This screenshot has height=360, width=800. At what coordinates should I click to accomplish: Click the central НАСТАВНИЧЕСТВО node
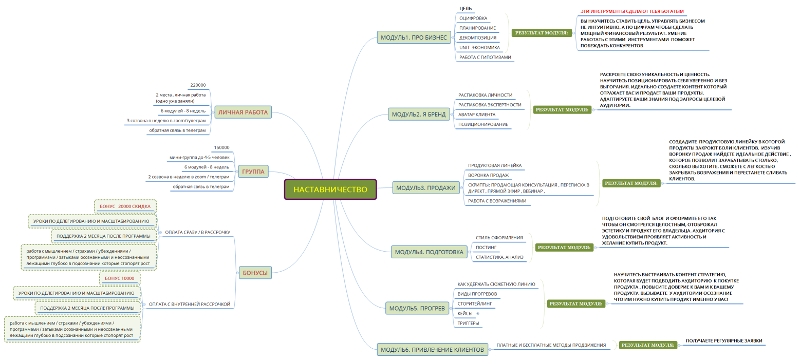(330, 189)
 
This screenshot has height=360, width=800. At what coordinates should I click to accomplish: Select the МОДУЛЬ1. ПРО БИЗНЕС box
(415, 37)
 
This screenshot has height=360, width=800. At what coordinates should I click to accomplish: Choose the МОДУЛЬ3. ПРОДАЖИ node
(426, 188)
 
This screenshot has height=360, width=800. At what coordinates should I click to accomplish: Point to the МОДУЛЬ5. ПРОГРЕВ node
(417, 308)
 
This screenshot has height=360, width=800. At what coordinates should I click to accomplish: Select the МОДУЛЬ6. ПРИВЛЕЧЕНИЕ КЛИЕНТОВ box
(432, 350)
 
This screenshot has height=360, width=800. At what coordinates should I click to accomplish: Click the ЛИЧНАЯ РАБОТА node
(243, 112)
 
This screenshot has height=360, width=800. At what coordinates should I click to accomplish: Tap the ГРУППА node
(253, 172)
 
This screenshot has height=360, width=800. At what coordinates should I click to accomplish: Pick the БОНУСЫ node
(255, 273)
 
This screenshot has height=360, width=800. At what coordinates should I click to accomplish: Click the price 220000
(198, 85)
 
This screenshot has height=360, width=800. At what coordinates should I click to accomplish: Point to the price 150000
(221, 147)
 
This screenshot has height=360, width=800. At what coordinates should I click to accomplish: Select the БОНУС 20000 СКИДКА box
(125, 206)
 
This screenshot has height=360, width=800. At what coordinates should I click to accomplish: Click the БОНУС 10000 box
(119, 278)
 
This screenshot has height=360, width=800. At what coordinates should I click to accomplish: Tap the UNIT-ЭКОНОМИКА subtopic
(479, 47)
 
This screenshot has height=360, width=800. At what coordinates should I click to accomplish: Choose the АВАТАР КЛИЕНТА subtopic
(477, 115)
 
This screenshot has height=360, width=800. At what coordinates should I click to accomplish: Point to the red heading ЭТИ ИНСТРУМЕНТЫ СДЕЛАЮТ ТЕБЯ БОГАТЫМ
(632, 11)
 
